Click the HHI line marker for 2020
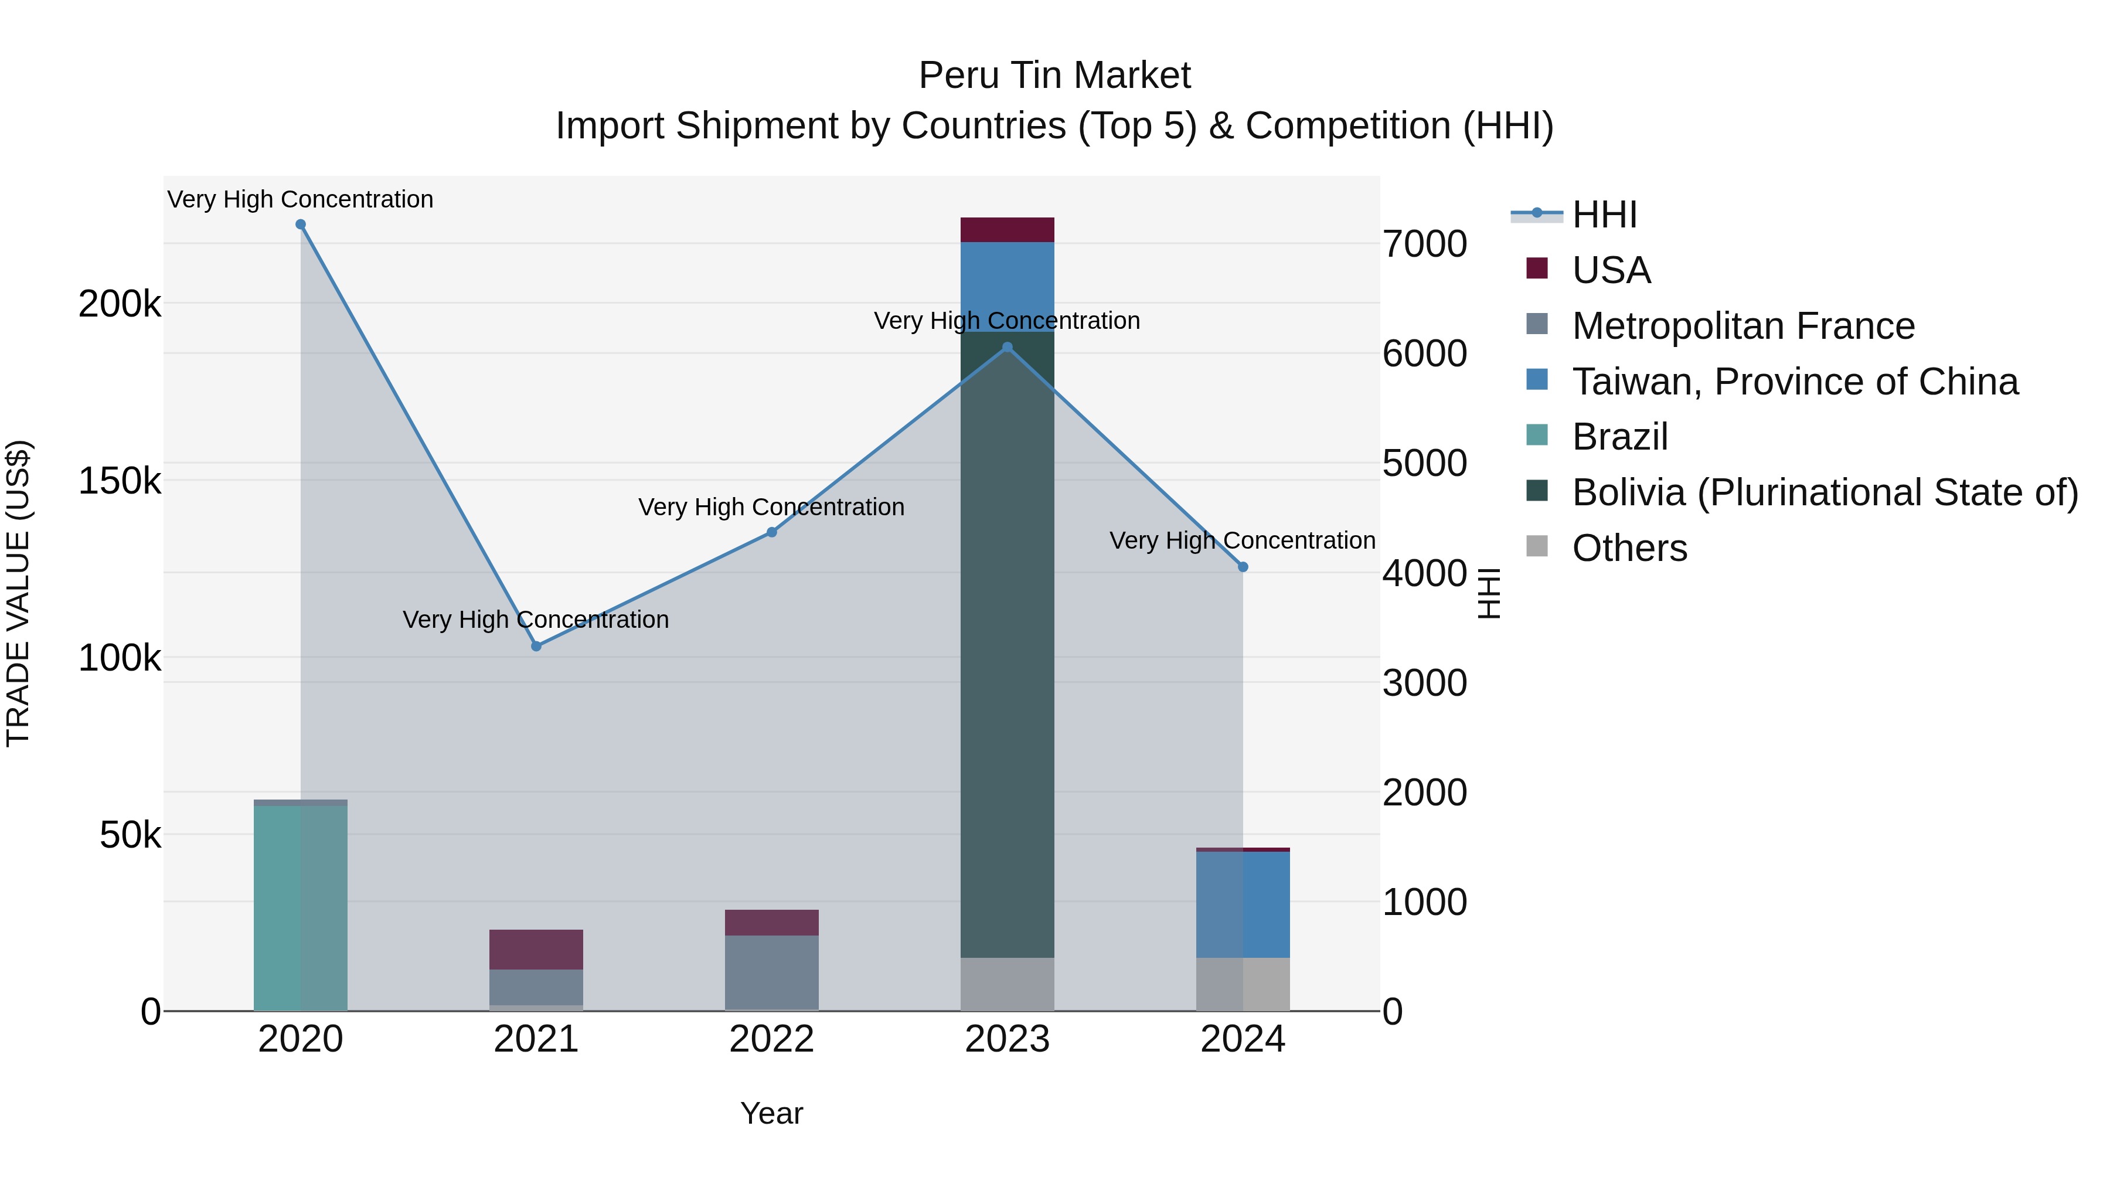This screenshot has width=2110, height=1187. (301, 225)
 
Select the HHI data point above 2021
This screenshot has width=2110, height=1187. (536, 647)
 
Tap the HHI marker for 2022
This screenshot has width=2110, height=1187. (771, 532)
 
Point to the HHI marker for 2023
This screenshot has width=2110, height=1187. (1008, 348)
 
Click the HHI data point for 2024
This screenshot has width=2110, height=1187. (1243, 567)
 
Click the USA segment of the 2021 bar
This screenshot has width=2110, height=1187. (536, 950)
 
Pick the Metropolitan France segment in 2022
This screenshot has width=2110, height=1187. (771, 972)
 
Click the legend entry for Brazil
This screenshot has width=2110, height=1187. (1619, 437)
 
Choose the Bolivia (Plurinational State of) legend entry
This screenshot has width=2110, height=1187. (1824, 492)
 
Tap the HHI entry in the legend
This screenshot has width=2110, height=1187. (1603, 215)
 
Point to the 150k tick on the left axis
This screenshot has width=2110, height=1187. (120, 481)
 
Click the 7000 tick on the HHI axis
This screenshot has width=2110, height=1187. (1424, 244)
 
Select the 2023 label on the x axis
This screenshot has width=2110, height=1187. (1008, 1039)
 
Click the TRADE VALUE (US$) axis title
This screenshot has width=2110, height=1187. (18, 593)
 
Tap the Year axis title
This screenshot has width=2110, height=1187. (771, 1113)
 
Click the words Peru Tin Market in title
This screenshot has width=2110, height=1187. (1054, 76)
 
